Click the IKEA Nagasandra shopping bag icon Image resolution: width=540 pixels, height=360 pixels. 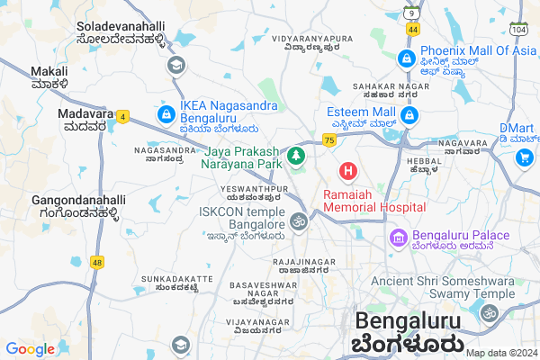click(x=166, y=115)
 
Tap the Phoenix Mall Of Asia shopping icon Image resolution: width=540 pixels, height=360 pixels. click(x=406, y=59)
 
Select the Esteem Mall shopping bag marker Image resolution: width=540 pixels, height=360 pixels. click(x=410, y=115)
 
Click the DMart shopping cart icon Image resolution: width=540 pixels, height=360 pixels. click(x=525, y=157)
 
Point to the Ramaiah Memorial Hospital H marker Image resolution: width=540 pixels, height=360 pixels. click(x=347, y=170)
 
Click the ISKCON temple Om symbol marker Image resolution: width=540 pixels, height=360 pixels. click(x=299, y=220)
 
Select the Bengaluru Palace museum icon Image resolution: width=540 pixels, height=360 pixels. click(x=396, y=238)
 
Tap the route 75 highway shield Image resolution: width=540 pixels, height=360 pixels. click(x=329, y=140)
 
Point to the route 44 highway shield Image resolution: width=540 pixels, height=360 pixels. click(x=412, y=30)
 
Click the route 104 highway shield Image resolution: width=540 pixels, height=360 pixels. click(x=517, y=30)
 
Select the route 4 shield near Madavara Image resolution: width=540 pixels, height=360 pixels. click(x=122, y=115)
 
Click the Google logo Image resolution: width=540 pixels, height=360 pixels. click(x=30, y=348)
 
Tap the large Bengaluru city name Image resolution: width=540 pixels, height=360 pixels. click(x=410, y=321)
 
